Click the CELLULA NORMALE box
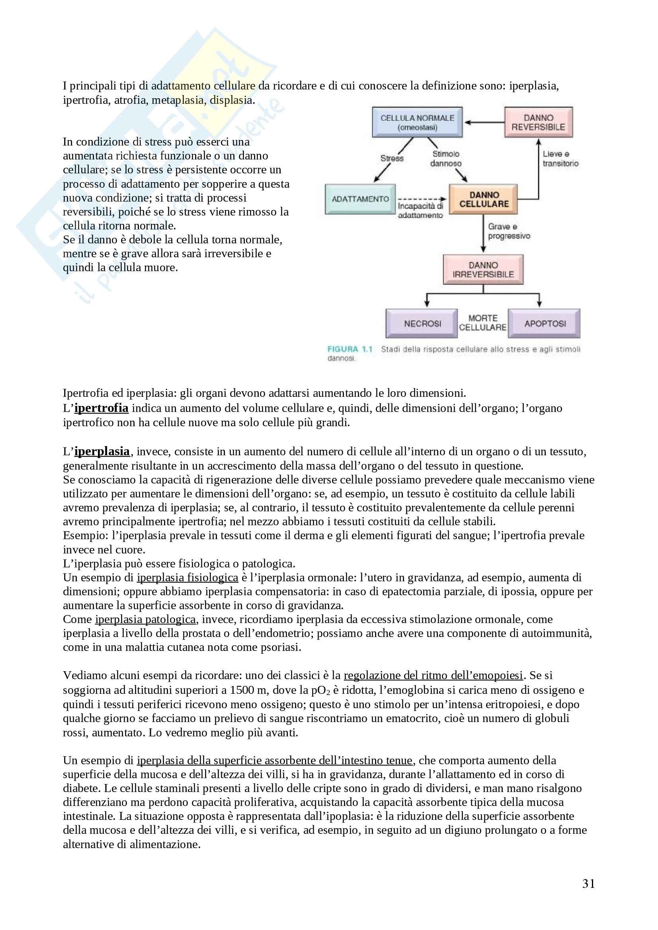(x=417, y=122)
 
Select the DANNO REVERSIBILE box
(x=538, y=122)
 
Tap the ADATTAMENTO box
(x=360, y=199)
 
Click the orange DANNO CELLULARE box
(x=483, y=199)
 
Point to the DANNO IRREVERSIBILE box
(x=483, y=269)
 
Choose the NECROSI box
(x=422, y=323)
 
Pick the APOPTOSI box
(x=545, y=323)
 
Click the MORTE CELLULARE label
(x=482, y=323)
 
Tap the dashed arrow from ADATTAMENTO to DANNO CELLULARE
(x=422, y=199)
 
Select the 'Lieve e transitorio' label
(x=560, y=158)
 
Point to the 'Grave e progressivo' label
(x=509, y=231)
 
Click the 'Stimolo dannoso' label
(x=445, y=158)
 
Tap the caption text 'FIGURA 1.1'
(x=350, y=349)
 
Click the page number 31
(x=588, y=883)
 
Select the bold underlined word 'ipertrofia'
(x=102, y=408)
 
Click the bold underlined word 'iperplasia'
(x=102, y=451)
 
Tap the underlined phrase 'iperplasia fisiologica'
(x=187, y=577)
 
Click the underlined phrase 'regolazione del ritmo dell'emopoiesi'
(x=433, y=675)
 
